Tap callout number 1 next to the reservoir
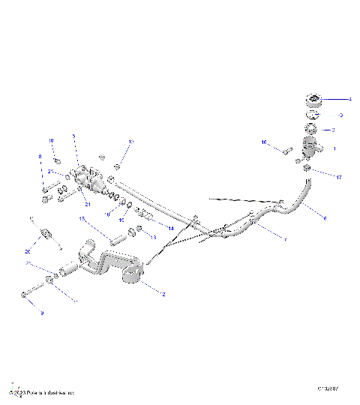coord(334,149)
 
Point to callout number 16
coord(263,142)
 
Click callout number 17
coord(338,178)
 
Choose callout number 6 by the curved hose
coord(324,217)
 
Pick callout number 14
coord(170,227)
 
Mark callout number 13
coord(153,237)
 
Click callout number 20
coord(28,251)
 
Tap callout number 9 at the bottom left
coord(42,313)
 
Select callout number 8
coord(40,157)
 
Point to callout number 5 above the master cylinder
coord(73,136)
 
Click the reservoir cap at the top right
coord(313,100)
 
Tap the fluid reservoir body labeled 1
coord(309,149)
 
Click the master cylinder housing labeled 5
coord(91,181)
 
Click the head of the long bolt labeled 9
coord(26,295)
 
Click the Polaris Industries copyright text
coord(43,392)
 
